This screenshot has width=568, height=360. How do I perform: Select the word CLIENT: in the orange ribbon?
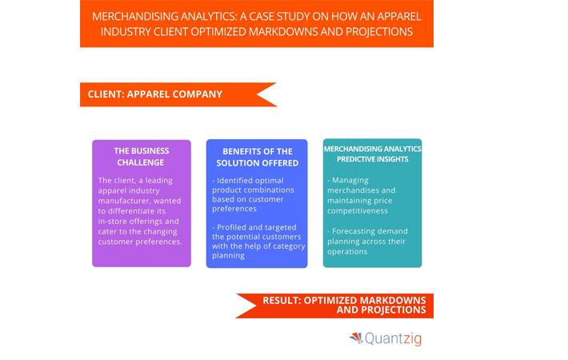(x=106, y=94)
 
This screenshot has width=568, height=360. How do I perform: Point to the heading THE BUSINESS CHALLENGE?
(x=142, y=157)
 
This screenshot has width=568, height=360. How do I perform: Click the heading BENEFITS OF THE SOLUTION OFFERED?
(x=257, y=157)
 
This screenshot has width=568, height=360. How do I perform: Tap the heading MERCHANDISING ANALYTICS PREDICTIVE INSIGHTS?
(x=372, y=154)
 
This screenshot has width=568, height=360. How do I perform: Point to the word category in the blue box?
(x=290, y=246)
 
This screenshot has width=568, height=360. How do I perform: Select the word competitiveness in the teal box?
(x=358, y=210)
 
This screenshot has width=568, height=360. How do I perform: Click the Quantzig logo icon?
(x=356, y=338)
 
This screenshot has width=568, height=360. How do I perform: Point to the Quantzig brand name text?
(x=394, y=339)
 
